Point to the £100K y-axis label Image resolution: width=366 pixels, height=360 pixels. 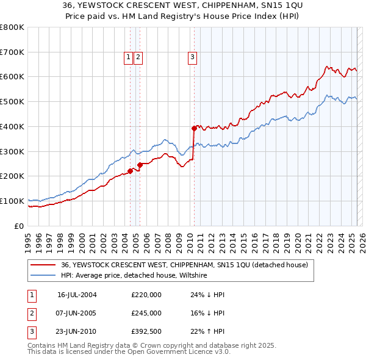[x=12, y=201]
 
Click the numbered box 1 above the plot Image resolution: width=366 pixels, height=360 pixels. [x=129, y=58]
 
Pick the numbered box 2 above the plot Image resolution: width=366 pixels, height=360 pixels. [x=138, y=58]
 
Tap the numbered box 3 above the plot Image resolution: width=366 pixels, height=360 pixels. [x=192, y=58]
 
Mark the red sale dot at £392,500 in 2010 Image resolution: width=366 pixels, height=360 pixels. [x=194, y=128]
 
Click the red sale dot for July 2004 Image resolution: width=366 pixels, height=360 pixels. [x=131, y=171]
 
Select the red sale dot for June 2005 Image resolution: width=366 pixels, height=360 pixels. [x=140, y=165]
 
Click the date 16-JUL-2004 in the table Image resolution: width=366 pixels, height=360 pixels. [x=77, y=295]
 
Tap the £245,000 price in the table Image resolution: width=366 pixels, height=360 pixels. [x=146, y=313]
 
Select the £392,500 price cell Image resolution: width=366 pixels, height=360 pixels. [x=146, y=331]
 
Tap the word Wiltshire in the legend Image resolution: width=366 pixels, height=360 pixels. [x=192, y=276]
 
